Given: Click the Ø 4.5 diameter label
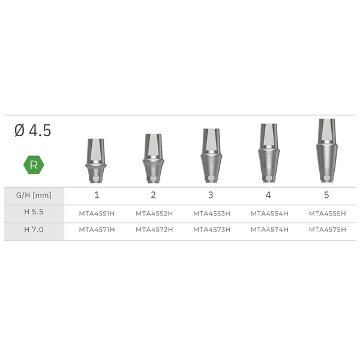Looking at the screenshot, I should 33,131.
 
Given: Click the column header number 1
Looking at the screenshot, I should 96,196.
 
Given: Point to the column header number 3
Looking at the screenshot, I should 211,196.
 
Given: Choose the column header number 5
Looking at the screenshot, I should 326,196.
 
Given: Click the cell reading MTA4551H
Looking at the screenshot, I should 97,213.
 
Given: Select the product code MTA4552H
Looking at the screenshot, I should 154,213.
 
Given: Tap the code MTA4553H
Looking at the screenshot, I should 211,213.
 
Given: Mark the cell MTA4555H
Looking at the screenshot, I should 327,213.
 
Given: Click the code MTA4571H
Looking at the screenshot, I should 97,230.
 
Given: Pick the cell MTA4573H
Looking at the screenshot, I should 211,230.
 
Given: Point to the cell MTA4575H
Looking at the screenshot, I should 327,230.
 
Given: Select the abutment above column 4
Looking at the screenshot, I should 269,154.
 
